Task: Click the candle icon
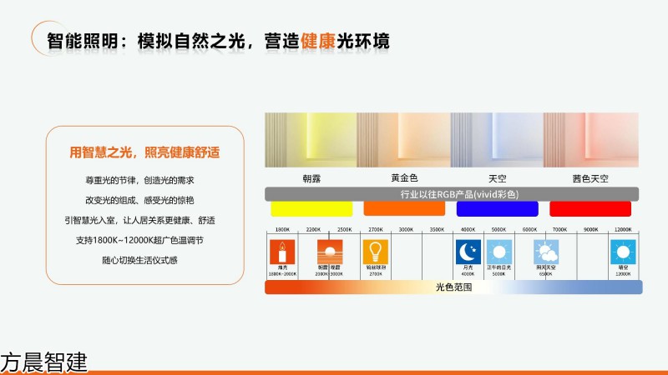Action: [282, 252]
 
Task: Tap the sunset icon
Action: [329, 252]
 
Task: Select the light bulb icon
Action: [374, 252]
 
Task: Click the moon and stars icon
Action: [468, 252]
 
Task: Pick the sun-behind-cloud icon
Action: [546, 252]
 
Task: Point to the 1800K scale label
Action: [282, 229]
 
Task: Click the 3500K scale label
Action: [437, 229]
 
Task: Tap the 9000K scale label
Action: [591, 229]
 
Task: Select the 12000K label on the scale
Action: [622, 229]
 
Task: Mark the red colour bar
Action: [589, 208]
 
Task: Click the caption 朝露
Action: [311, 178]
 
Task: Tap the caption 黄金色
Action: [404, 178]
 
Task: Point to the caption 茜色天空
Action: [590, 178]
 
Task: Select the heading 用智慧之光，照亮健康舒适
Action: [144, 153]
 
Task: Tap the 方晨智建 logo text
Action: [43, 362]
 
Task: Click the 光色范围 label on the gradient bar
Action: [453, 287]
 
